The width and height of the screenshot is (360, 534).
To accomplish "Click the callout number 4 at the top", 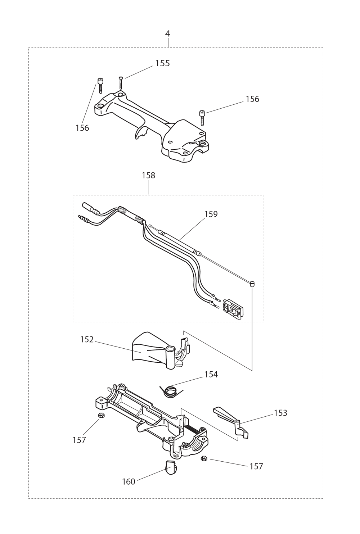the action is click(x=168, y=34).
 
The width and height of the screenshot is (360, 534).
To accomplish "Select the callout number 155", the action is click(x=162, y=63).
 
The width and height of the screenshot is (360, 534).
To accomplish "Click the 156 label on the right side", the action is click(x=252, y=99).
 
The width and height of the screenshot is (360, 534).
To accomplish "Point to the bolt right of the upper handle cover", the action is click(x=202, y=117).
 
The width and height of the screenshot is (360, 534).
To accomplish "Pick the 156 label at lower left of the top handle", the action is click(x=82, y=128).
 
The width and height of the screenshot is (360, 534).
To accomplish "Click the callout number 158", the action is click(x=148, y=176).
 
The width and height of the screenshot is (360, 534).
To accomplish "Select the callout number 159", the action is click(x=211, y=214).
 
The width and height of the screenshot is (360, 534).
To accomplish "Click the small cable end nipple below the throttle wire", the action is click(x=252, y=284).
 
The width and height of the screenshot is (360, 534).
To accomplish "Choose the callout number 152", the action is click(x=87, y=339).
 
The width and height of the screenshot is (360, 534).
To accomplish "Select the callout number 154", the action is click(x=211, y=375).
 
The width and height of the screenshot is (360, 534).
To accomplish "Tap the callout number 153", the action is click(x=280, y=413).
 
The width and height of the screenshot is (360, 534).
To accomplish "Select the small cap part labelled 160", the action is click(x=171, y=470).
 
